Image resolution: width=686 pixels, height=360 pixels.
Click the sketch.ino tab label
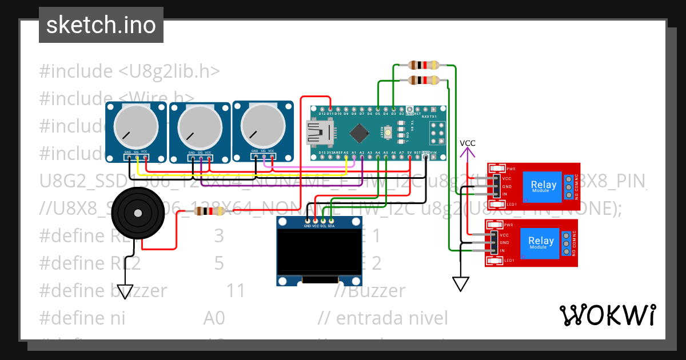101,25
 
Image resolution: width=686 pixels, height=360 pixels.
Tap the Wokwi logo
607,315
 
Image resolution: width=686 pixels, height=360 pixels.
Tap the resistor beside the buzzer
209,211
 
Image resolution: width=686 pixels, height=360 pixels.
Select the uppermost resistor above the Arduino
424,65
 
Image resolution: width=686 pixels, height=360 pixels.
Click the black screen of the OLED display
319,252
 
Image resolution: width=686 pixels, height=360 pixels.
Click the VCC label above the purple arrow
468,143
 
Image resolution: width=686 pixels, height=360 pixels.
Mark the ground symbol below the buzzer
125,291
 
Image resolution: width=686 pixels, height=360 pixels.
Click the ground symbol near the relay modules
460,283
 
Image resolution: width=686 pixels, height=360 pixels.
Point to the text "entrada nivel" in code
392,318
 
